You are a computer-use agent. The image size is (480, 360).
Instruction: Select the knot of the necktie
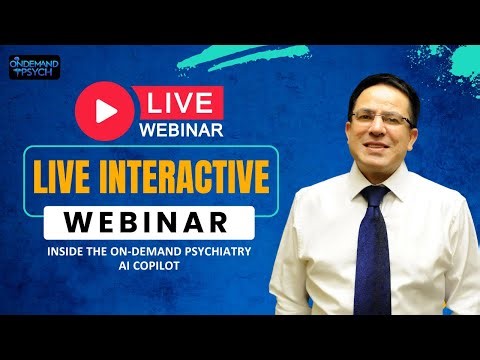coord(372,193)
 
